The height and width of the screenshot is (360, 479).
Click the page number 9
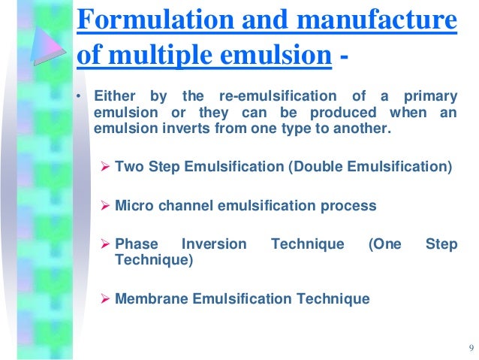click(470, 346)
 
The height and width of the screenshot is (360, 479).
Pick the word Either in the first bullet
click(113, 97)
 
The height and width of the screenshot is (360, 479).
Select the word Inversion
click(215, 244)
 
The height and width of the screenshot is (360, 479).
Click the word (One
click(384, 244)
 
